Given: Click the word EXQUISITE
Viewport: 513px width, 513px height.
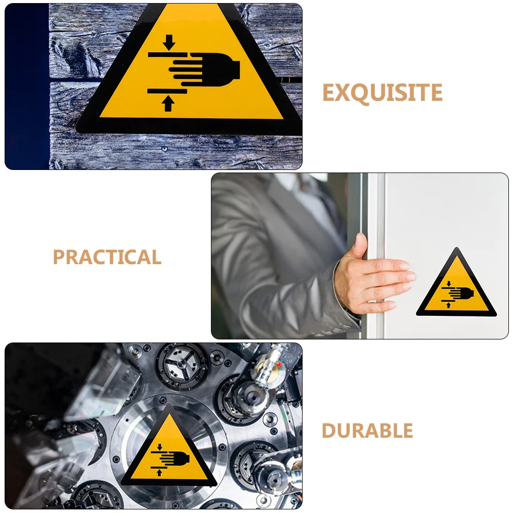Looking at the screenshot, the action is pyautogui.click(x=382, y=93).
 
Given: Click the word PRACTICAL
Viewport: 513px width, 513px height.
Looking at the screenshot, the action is pyautogui.click(x=107, y=257).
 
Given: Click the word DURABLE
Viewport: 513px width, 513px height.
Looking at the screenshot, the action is pyautogui.click(x=367, y=431).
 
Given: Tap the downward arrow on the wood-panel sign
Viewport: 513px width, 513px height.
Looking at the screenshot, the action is pyautogui.click(x=169, y=42).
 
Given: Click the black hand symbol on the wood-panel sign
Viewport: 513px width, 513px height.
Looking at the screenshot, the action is pyautogui.click(x=204, y=70).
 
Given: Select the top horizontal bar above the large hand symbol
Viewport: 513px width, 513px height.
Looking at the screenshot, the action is pyautogui.click(x=167, y=55).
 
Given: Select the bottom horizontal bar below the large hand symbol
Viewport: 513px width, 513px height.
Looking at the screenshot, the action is pyautogui.click(x=167, y=91).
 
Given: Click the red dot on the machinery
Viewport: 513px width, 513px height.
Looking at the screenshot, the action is pyautogui.click(x=279, y=364).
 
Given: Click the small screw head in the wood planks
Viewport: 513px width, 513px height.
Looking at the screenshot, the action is pyautogui.click(x=164, y=149).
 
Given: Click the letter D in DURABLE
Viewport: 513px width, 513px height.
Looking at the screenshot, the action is pyautogui.click(x=329, y=431).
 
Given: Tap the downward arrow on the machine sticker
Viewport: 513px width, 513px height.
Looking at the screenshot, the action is pyautogui.click(x=160, y=447).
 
